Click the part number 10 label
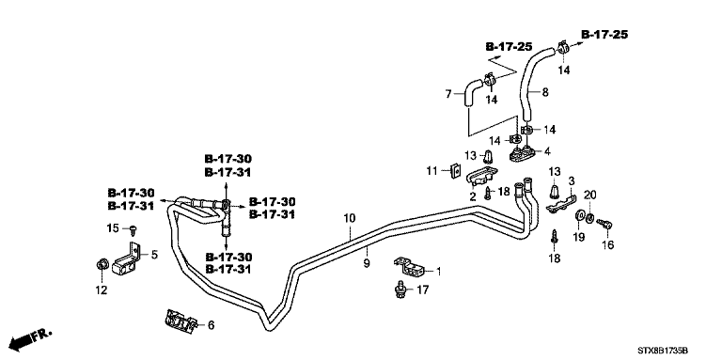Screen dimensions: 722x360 point(350,218)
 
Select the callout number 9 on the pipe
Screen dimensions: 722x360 point(367,264)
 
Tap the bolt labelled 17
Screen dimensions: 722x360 point(400,290)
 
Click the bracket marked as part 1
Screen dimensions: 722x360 point(409,267)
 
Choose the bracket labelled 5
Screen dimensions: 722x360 point(125,260)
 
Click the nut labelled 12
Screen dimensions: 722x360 point(102,264)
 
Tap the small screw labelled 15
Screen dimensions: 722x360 point(134,227)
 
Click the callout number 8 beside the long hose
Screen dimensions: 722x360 point(545,92)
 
